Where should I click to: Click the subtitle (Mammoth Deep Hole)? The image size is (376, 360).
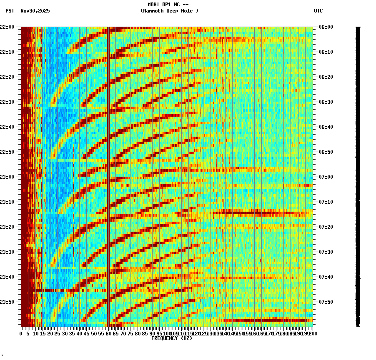(x=169, y=11)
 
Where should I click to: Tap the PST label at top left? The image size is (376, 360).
(x=10, y=11)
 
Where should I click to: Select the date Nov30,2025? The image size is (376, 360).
(x=35, y=11)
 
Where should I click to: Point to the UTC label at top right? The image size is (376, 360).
(x=318, y=11)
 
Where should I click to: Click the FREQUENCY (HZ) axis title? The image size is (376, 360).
(x=172, y=338)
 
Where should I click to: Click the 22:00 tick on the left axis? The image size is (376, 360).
(x=8, y=27)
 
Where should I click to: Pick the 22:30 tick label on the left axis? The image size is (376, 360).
(x=8, y=102)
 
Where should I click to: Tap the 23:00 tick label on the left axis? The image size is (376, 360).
(x=8, y=177)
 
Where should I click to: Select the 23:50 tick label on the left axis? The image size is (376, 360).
(x=8, y=302)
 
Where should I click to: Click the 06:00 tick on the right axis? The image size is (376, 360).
(x=326, y=27)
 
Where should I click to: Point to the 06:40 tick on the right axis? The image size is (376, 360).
(x=326, y=127)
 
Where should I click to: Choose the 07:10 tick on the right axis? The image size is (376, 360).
(x=326, y=202)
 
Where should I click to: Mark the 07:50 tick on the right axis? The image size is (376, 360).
(x=326, y=302)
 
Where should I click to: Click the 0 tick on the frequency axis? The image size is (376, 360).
(x=21, y=334)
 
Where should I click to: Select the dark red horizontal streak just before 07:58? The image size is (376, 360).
(x=267, y=320)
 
